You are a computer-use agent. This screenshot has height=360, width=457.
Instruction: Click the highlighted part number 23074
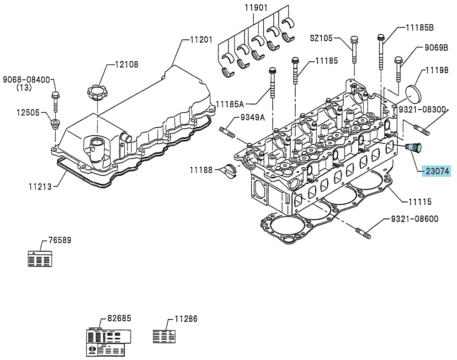pyautogui.click(x=437, y=171)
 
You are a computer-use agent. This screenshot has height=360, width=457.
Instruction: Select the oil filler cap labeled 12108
pyautogui.click(x=97, y=93)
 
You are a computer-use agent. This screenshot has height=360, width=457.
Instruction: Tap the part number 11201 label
pyautogui.click(x=201, y=39)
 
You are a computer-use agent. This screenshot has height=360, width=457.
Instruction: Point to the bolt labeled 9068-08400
pyautogui.click(x=55, y=102)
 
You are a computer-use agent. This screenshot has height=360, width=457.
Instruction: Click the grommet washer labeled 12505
pyautogui.click(x=54, y=124)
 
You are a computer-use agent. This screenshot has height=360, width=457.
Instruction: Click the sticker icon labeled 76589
pyautogui.click(x=40, y=258)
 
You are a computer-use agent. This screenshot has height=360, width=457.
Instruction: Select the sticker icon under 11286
pyautogui.click(x=165, y=336)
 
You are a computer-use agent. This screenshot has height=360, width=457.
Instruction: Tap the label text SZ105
pyautogui.click(x=321, y=38)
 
